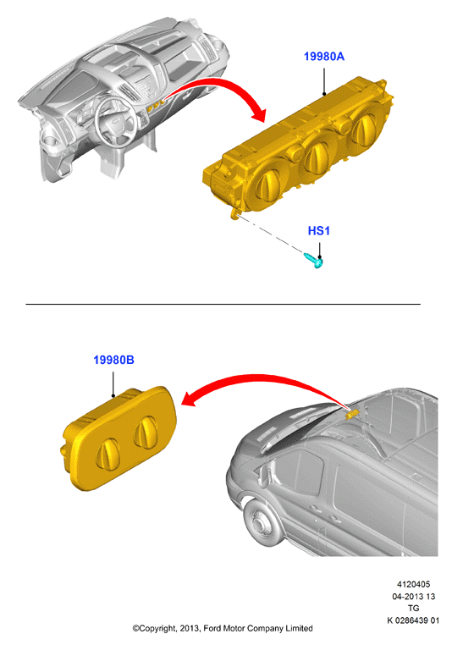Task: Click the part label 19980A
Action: coord(323,57)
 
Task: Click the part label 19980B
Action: coord(113,360)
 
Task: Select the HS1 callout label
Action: coord(319,231)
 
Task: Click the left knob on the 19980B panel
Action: coord(107,454)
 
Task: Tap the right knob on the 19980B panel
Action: coord(146,432)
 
